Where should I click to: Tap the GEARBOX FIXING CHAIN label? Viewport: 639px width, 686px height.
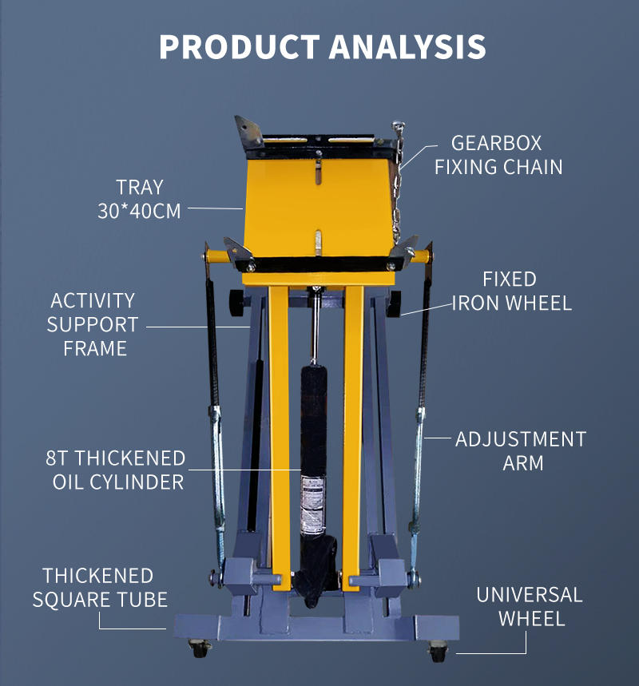point(498,155)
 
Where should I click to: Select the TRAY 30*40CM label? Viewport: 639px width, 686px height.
point(140,199)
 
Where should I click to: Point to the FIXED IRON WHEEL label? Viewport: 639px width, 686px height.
point(512,291)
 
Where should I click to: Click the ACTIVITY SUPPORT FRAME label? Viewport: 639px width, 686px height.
point(93,324)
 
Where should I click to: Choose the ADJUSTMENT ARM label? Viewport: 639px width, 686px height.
point(521,450)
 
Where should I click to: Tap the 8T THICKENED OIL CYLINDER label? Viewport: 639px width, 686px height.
point(117,470)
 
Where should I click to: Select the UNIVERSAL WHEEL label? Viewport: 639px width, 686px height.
point(530,606)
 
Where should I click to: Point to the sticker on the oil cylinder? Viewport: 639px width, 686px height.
point(312,503)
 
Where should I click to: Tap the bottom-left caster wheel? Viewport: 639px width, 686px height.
point(196,648)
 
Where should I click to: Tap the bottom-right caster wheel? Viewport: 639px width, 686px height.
point(438,652)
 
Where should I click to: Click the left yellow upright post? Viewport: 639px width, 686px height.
point(280,431)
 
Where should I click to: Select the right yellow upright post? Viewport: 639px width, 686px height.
point(353,431)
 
